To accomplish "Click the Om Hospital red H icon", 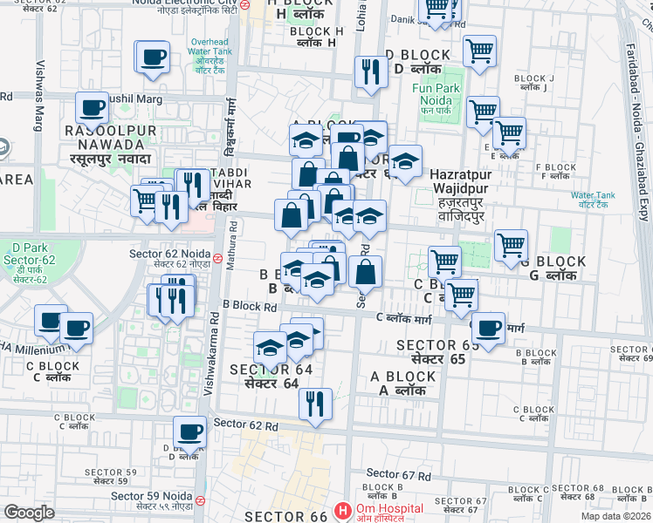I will pyautogui.click(x=344, y=510).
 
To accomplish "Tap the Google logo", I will pyautogui.click(x=29, y=513).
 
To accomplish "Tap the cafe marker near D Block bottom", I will pyautogui.click(x=189, y=431).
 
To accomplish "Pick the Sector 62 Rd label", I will pyautogui.click(x=245, y=425).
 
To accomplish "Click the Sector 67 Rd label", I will pyautogui.click(x=399, y=475).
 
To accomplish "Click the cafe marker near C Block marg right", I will pyautogui.click(x=487, y=328).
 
